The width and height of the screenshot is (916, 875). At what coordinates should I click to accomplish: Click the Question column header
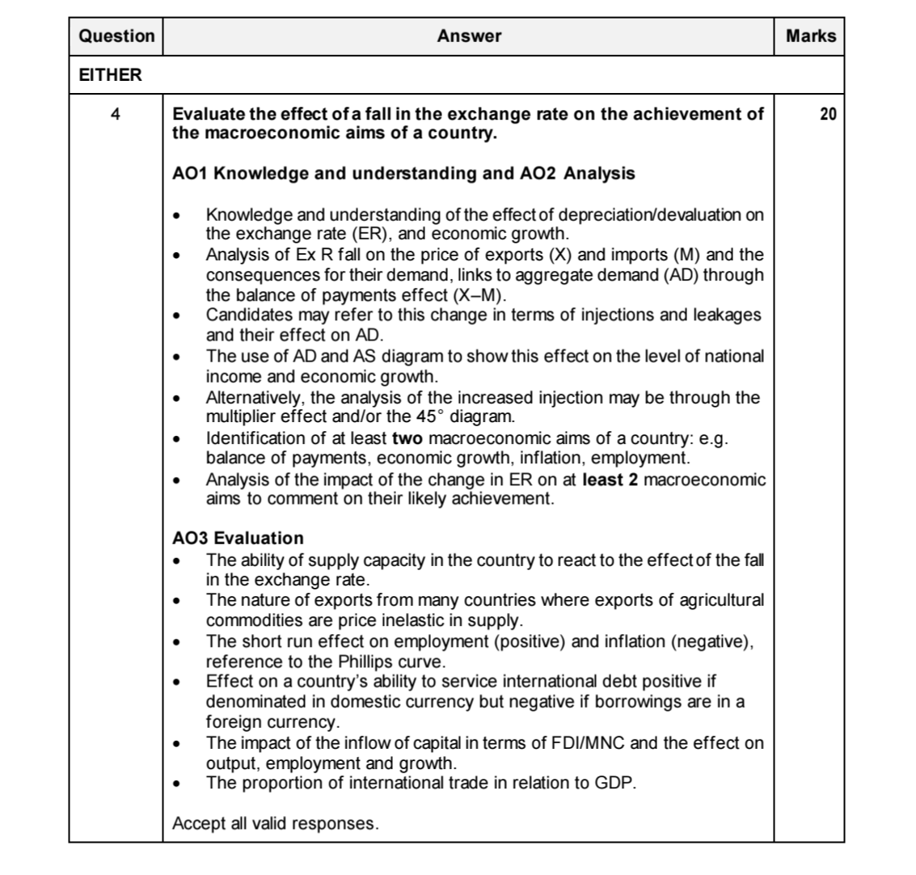coord(116,36)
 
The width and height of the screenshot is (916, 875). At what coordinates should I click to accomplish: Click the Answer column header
coord(469,36)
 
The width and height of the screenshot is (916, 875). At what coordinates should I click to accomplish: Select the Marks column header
coord(810,36)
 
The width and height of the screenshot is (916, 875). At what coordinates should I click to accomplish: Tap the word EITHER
coord(110,76)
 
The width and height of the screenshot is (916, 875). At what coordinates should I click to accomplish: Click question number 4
coord(116,114)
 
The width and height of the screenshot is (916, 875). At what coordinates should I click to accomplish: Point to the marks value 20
coord(828,114)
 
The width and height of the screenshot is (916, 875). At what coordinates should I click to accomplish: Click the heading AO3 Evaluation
coord(238,538)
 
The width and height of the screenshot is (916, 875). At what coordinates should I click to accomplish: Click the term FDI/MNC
coord(587,743)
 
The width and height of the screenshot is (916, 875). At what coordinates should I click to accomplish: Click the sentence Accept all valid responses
coord(275,824)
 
